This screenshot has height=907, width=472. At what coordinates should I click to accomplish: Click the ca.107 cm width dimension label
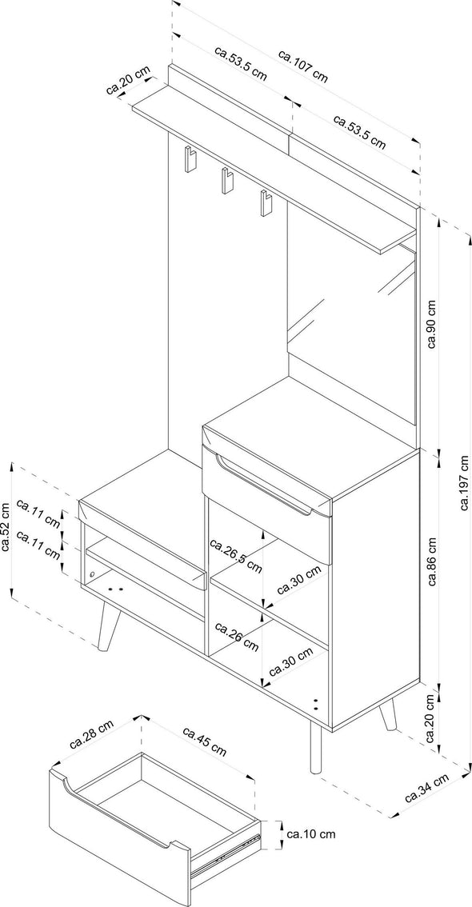303,66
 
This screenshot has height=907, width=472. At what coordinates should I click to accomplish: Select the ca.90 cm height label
432,325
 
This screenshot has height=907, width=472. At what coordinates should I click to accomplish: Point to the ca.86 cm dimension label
432,561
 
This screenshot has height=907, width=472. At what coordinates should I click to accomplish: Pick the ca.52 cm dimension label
6,527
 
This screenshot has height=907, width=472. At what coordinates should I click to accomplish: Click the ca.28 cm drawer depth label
91,734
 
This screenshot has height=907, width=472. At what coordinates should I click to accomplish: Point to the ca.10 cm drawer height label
311,834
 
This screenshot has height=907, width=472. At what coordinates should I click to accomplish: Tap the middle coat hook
226,181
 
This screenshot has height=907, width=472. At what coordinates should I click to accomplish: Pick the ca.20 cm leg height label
432,719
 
